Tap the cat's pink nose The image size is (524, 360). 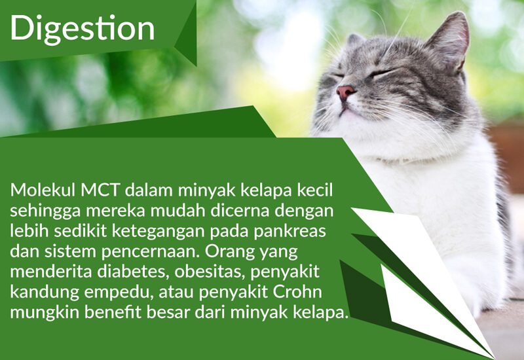tap(346, 92)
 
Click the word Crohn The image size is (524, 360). tap(297, 292)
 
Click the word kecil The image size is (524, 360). tap(315, 190)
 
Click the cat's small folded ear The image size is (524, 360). tap(355, 40)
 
